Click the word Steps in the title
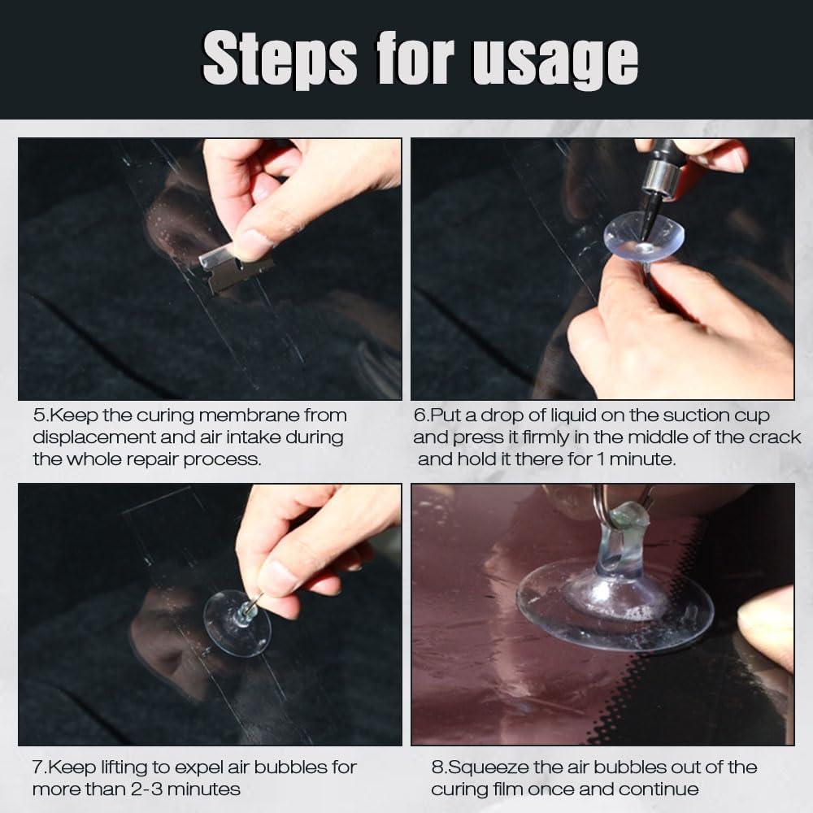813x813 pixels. tap(280, 58)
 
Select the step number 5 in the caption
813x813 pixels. tap(39, 415)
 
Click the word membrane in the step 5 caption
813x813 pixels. tap(249, 415)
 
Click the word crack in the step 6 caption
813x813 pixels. tap(772, 437)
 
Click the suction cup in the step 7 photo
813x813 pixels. tap(237, 623)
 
